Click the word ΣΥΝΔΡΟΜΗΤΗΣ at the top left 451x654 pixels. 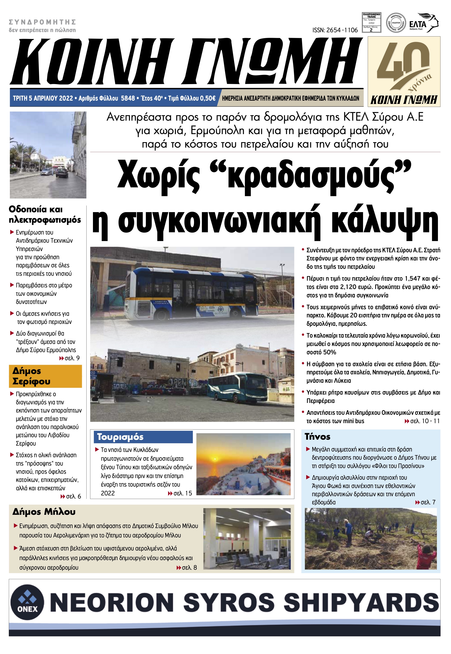(x=42, y=22)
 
